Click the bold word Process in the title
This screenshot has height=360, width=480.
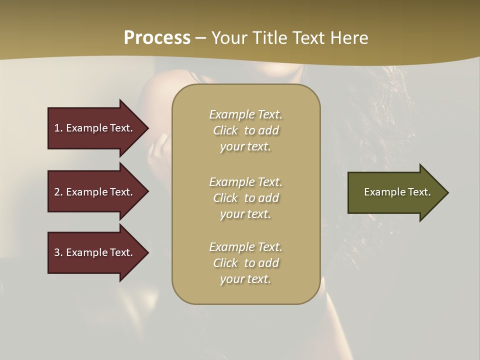tap(157, 37)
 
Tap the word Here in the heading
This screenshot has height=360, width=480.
tap(349, 37)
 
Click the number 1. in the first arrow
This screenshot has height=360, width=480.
tap(58, 128)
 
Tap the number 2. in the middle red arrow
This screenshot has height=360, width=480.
tap(58, 192)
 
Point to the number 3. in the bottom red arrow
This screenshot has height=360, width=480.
tap(58, 252)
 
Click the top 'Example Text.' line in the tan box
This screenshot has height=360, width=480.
tap(245, 114)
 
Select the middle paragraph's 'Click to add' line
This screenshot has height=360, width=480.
tap(245, 198)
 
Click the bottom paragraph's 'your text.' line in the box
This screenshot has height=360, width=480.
tap(245, 279)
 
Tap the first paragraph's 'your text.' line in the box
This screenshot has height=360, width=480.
tap(245, 146)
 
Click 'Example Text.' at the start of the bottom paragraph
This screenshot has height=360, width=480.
tap(245, 247)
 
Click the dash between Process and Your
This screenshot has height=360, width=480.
tap(201, 38)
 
